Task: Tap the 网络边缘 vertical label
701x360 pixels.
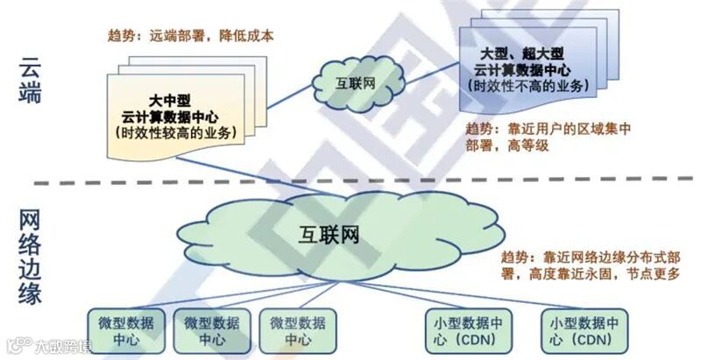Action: [x=29, y=255]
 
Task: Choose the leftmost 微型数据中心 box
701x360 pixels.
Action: [x=125, y=330]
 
